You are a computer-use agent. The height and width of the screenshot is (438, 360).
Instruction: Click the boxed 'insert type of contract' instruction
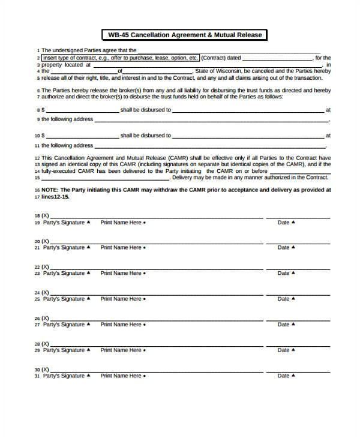[x=119, y=58]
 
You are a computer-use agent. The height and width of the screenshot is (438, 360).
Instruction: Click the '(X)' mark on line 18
[x=46, y=215]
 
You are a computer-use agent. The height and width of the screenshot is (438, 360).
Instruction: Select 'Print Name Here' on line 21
[x=122, y=248]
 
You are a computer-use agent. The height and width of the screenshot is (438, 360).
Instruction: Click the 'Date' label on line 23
[x=284, y=274]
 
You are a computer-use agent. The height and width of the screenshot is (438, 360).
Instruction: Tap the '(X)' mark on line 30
[x=46, y=370]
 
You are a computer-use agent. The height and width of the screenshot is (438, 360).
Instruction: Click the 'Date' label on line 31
[x=284, y=376]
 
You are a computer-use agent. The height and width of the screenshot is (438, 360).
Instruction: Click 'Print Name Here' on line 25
[x=122, y=299]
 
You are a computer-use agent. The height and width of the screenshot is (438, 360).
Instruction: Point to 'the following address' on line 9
[x=67, y=119]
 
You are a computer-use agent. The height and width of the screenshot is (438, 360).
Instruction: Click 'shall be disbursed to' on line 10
[x=146, y=136]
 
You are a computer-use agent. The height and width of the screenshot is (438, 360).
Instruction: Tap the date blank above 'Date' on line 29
[x=298, y=343]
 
